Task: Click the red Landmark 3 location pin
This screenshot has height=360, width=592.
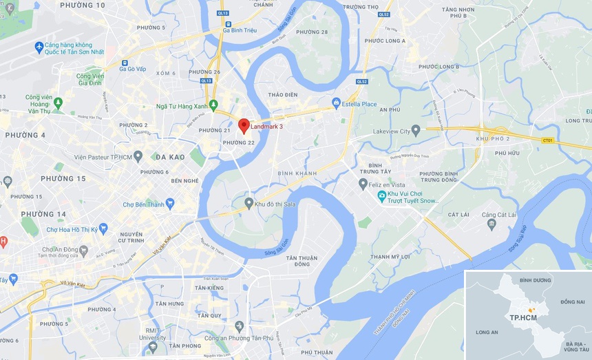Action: coord(243,125)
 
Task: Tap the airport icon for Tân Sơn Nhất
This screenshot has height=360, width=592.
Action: coord(39,47)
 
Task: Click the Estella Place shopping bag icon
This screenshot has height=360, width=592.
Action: coord(336,104)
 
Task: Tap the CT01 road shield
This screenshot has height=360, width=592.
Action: coord(548,141)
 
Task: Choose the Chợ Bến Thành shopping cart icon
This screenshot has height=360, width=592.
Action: coord(169,204)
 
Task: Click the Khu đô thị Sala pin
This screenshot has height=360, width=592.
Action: coord(249,204)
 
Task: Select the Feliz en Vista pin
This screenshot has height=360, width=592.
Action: coord(363,184)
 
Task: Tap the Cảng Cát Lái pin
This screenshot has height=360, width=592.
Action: coord(491,223)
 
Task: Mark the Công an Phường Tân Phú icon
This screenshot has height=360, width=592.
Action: coord(238,326)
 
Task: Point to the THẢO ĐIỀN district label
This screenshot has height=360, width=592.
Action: coord(282,94)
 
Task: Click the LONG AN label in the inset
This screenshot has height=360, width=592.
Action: coord(488,332)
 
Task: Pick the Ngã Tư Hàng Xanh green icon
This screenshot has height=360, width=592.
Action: coord(213,105)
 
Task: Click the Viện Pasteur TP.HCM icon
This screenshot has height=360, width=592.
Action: coord(138,156)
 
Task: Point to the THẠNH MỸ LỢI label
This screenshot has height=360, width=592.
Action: coord(390,257)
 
